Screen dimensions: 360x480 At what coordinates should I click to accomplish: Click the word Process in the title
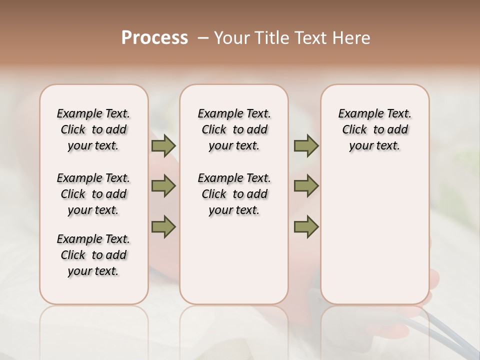[154, 38]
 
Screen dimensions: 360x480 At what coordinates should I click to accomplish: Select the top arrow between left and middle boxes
[163, 146]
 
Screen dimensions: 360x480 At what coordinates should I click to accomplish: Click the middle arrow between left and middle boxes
[163, 186]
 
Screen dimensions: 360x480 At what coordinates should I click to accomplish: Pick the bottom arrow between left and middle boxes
[163, 226]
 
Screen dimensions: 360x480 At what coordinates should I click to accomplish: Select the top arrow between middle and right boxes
[306, 146]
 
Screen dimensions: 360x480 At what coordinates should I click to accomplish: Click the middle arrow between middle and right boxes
[306, 186]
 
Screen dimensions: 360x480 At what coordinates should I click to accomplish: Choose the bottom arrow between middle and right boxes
[306, 226]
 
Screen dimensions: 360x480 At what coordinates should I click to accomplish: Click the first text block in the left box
[93, 129]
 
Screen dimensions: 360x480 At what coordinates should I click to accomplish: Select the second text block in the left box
[93, 194]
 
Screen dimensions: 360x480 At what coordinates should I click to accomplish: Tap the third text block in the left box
[93, 255]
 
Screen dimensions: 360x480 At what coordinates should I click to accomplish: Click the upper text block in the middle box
[234, 129]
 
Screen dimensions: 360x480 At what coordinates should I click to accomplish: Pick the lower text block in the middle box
[234, 194]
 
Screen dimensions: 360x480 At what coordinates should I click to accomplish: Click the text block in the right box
[374, 129]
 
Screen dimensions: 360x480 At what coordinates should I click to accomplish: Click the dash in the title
[203, 38]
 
